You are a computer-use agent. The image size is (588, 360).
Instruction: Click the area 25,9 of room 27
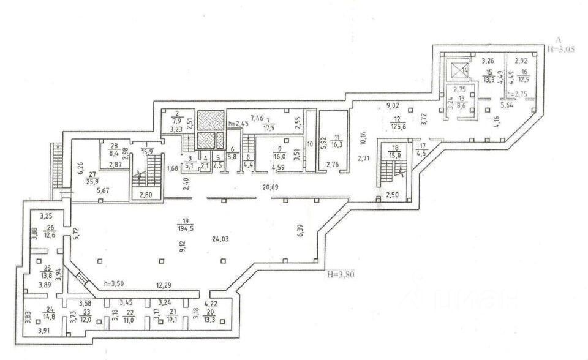(x=92, y=182)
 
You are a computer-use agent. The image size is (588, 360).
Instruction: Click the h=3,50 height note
(x=115, y=284)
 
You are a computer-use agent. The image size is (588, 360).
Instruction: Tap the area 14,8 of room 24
(x=50, y=317)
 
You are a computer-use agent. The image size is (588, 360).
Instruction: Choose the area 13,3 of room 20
(x=209, y=318)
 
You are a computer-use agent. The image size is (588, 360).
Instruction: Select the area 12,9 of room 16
(x=521, y=79)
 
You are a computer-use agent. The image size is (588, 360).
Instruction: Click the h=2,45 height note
(x=238, y=123)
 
